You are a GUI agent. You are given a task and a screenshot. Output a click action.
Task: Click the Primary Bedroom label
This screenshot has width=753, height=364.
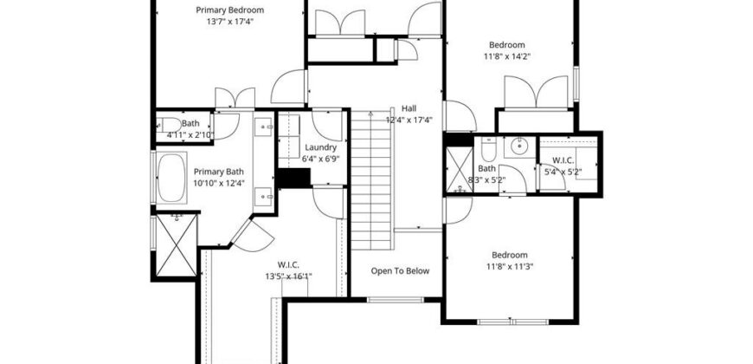click(229, 10)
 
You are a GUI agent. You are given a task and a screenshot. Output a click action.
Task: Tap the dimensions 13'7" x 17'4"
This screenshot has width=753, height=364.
click(229, 21)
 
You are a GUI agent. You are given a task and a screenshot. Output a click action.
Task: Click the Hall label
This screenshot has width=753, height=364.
click(409, 108)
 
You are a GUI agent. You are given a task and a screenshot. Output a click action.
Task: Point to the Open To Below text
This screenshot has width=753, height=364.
click(400, 270)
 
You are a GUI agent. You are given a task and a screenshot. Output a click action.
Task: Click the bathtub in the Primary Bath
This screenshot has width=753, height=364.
click(171, 178)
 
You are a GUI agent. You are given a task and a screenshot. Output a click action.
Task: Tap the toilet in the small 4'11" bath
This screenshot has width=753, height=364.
click(169, 125)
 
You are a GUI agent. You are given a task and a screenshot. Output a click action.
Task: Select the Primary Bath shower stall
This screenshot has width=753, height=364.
click(177, 245)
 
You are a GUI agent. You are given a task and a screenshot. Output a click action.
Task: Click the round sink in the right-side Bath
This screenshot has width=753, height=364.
click(519, 146)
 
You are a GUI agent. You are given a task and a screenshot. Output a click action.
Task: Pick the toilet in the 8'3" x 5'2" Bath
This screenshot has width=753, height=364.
click(489, 150)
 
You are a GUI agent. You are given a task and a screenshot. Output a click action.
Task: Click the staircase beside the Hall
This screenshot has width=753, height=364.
click(371, 180)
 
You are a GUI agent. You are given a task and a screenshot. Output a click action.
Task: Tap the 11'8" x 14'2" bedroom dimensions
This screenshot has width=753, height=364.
click(507, 56)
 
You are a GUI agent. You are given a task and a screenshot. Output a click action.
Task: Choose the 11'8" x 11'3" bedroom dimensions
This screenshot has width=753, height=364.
click(510, 266)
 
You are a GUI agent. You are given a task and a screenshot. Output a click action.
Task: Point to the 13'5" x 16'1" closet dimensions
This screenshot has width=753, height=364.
click(288, 276)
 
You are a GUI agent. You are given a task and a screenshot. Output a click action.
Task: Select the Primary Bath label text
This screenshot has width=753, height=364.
click(218, 172)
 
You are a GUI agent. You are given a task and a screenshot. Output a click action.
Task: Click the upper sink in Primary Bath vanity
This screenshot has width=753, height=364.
click(265, 127)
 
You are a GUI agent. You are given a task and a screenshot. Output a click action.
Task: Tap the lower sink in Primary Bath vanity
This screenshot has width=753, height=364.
click(265, 196)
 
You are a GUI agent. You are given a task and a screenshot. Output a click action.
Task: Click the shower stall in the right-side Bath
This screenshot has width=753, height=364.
click(460, 169)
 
